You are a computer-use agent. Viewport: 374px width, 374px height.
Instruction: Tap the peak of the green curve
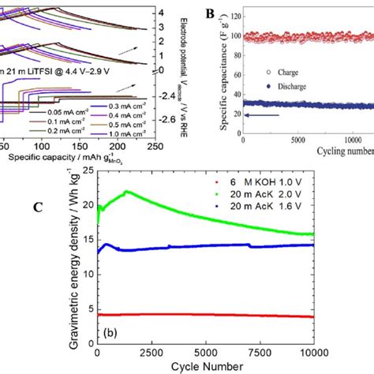tap(127, 192)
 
